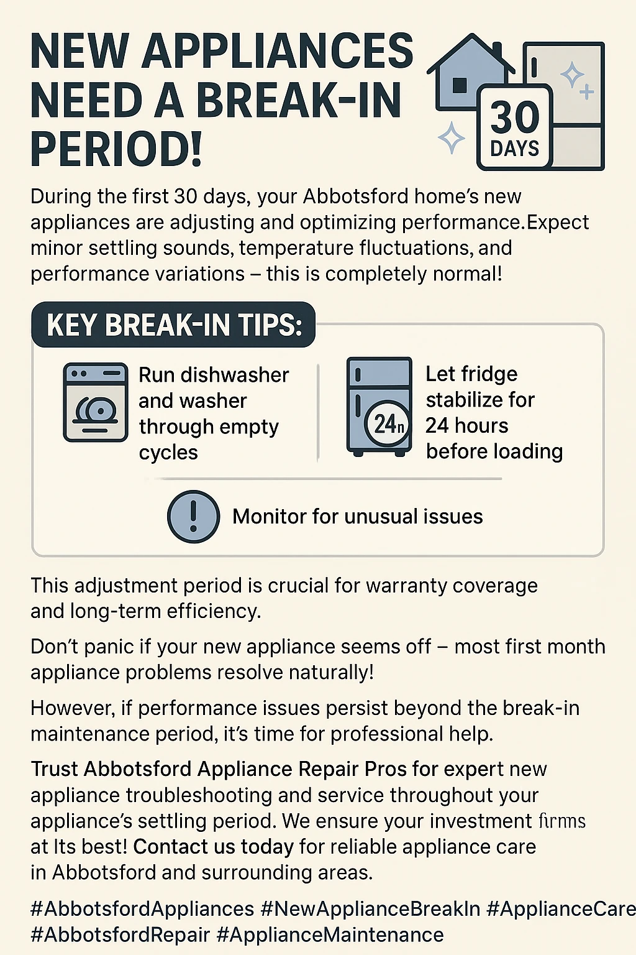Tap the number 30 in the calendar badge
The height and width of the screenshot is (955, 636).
[515, 118]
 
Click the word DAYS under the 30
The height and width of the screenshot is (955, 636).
[515, 149]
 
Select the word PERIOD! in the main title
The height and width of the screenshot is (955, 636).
[116, 150]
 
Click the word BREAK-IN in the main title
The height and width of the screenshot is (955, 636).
[299, 101]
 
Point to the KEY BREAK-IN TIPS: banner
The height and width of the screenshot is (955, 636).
[174, 325]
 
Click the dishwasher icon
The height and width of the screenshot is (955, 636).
[96, 402]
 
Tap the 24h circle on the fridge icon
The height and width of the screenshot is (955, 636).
[389, 424]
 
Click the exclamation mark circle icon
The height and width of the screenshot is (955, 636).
[193, 517]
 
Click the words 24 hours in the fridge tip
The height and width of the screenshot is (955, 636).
[467, 426]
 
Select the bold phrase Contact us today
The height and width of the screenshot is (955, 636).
[213, 847]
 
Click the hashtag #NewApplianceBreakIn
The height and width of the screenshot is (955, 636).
[370, 909]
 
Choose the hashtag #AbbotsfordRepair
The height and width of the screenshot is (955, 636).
[120, 935]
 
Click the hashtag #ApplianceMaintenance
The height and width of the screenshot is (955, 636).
[330, 935]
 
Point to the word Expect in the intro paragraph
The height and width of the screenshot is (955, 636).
[558, 223]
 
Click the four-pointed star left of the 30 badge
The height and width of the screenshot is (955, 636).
[452, 137]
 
